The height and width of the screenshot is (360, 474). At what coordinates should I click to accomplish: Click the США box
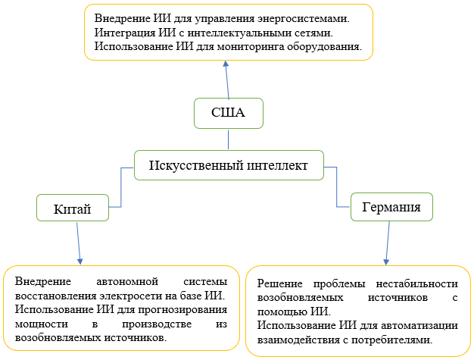pyautogui.click(x=228, y=114)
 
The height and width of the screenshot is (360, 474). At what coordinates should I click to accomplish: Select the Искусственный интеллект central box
pyautogui.click(x=228, y=165)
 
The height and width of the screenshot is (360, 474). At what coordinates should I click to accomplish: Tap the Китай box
pyautogui.click(x=73, y=208)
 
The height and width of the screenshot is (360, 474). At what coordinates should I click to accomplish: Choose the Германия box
pyautogui.click(x=391, y=206)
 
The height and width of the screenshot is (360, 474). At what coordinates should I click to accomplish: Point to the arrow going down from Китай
pyautogui.click(x=78, y=242)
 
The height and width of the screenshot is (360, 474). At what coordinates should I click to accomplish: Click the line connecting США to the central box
pyautogui.click(x=228, y=139)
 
